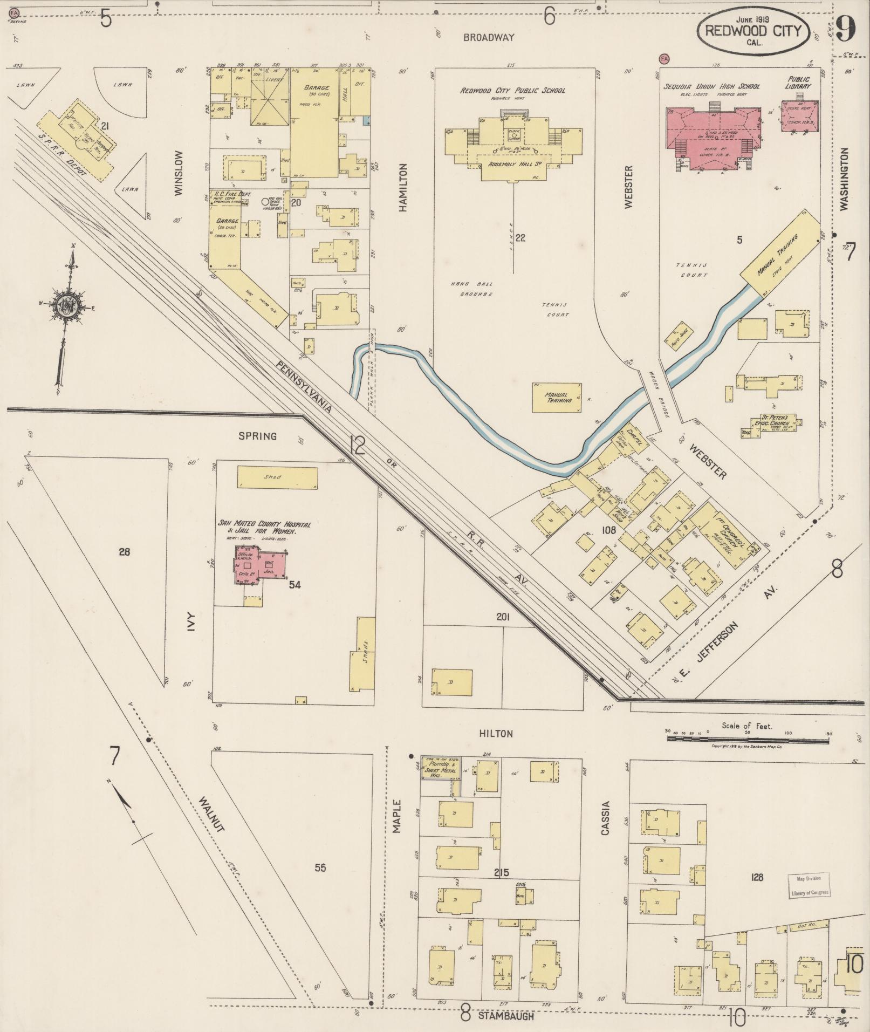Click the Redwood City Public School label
(x=512, y=91)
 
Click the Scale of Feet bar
(x=748, y=738)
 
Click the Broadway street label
(x=489, y=37)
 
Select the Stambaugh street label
(x=506, y=1015)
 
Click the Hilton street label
(x=495, y=734)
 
